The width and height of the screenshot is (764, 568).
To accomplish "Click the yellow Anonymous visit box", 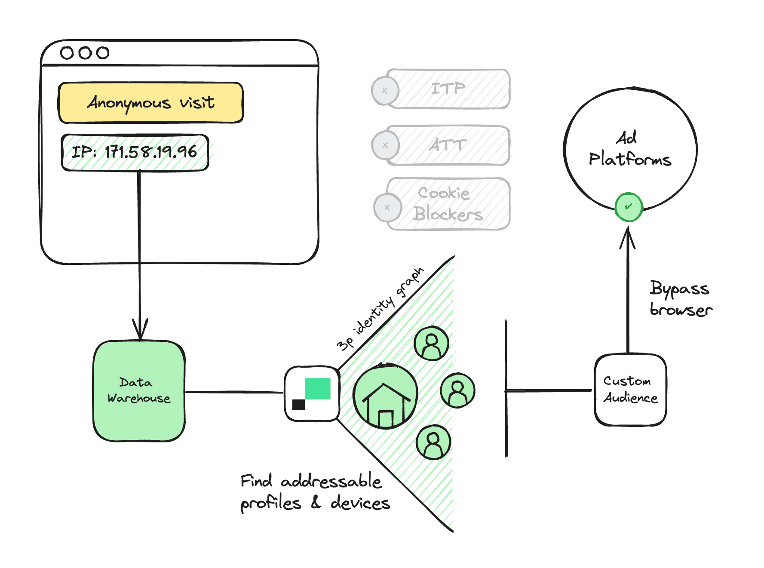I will [150, 103].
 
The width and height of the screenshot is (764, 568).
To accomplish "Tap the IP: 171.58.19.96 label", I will [135, 152].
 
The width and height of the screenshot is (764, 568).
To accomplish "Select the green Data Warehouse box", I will [139, 390].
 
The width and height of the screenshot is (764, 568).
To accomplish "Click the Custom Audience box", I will [630, 390].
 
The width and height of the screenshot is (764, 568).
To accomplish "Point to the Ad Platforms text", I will [629, 149].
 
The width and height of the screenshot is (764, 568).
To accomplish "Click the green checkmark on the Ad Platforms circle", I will [629, 207].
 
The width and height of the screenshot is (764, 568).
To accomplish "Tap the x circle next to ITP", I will [385, 91].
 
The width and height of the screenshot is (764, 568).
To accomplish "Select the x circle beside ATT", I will [385, 145].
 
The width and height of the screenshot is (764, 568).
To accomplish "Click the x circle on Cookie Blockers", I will [387, 208].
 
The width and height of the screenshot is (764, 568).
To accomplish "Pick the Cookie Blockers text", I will [447, 204].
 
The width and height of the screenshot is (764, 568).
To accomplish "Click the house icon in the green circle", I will [385, 396].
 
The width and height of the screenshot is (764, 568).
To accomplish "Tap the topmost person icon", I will [431, 344].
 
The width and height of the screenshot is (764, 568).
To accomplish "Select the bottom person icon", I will [433, 442].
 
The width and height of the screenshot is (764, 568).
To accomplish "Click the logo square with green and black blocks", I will [312, 393].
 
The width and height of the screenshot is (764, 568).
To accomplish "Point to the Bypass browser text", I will [680, 298].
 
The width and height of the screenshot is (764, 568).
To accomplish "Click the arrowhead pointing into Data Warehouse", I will [140, 330].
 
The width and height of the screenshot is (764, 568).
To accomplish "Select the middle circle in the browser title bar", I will [85, 53].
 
